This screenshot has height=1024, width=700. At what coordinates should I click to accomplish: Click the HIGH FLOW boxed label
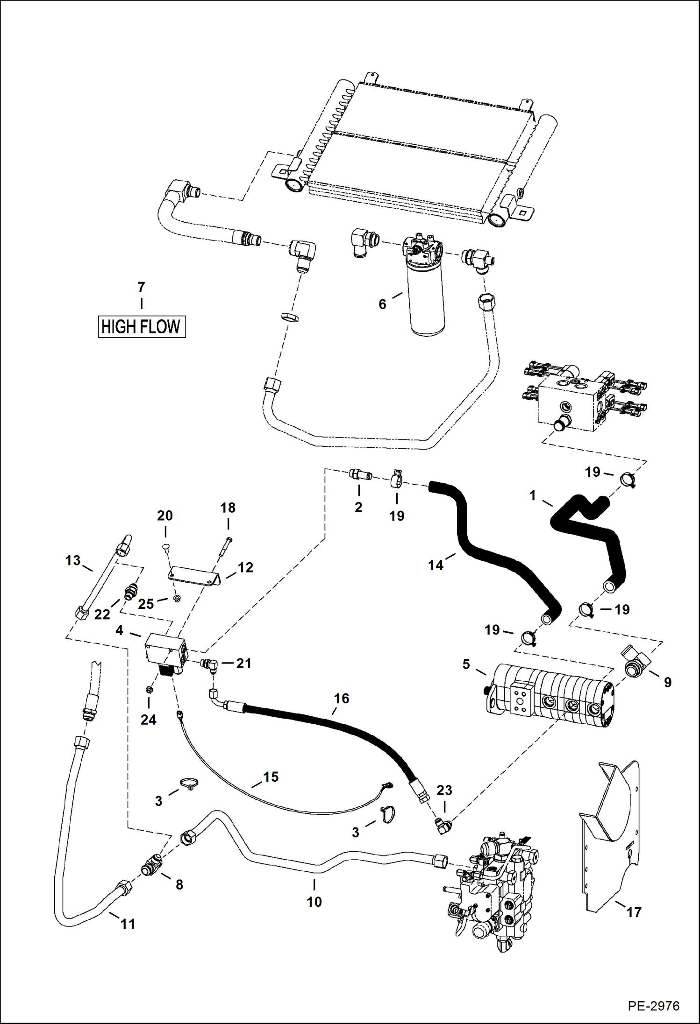coord(141,326)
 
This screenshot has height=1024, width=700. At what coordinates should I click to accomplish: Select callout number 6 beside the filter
coord(382,304)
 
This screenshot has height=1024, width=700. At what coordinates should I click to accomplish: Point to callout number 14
coord(435,565)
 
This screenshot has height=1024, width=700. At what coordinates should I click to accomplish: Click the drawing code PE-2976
coord(653,1005)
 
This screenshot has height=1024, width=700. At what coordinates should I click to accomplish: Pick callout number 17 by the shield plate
coord(634,911)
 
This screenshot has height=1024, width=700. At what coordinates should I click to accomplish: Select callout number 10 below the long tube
coord(314,901)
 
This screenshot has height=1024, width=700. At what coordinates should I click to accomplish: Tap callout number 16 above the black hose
coord(341,698)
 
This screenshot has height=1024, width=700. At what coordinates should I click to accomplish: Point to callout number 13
coord(73,560)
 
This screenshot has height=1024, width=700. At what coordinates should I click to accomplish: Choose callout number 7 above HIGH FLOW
coord(141,287)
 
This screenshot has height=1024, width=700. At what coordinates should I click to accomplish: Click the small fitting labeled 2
coord(360,475)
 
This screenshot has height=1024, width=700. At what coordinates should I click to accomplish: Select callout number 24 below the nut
coord(148,720)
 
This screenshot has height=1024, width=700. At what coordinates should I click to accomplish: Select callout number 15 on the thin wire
coord(271,777)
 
